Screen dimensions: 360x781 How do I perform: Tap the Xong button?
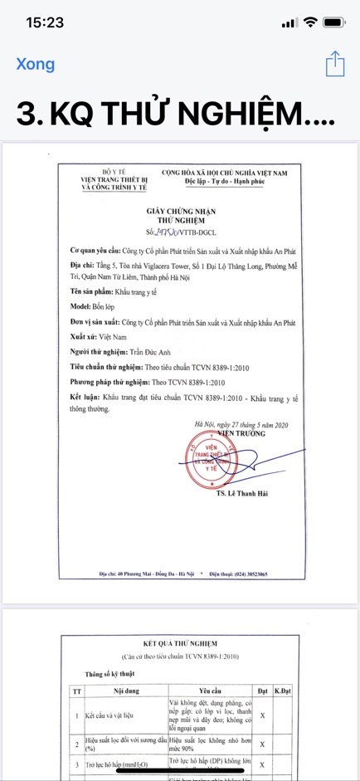(36, 64)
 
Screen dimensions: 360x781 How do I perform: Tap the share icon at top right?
(334, 64)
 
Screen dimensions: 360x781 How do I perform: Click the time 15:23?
(45, 22)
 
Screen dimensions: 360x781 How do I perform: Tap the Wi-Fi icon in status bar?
(311, 22)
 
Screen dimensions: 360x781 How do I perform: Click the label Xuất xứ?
(86, 337)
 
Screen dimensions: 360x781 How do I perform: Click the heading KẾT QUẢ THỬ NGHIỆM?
(180, 643)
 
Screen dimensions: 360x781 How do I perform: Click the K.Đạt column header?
(281, 690)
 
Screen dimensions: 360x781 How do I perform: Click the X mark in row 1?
(262, 715)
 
